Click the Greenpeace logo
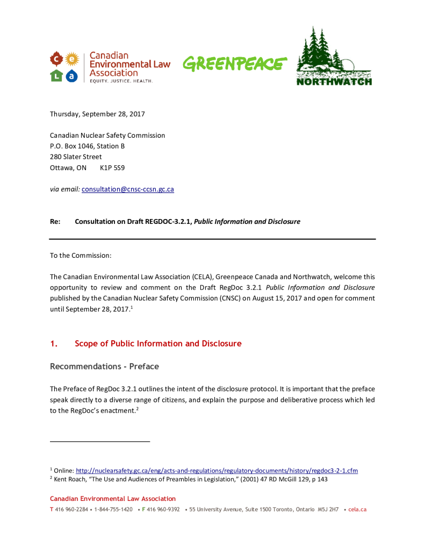pyautogui.click(x=232, y=64)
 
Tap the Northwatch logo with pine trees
pyautogui.click(x=334, y=56)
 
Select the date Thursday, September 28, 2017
pyautogui.click(x=97, y=114)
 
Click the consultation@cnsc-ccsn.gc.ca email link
pyautogui.click(x=127, y=189)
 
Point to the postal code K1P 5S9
pyautogui.click(x=112, y=167)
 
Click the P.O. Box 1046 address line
pyautogui.click(x=88, y=146)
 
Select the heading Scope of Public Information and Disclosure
pyautogui.click(x=158, y=343)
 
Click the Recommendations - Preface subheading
pyautogui.click(x=104, y=366)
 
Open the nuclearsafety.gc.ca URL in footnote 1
pyautogui.click(x=217, y=470)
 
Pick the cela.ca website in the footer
pyautogui.click(x=357, y=509)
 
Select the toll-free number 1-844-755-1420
pyautogui.click(x=113, y=509)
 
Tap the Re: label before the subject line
pyautogui.click(x=54, y=221)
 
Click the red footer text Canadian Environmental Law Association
pyautogui.click(x=113, y=499)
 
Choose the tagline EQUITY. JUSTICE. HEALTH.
pyautogui.click(x=121, y=81)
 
